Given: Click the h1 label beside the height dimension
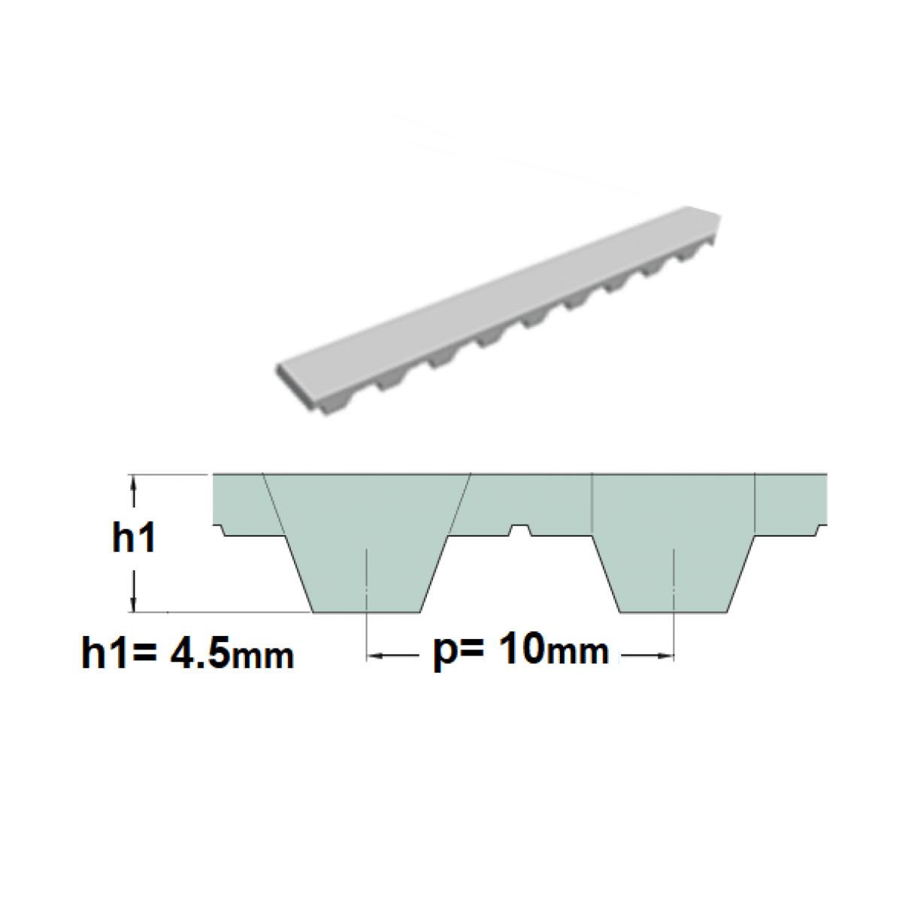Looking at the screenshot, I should tap(134, 538).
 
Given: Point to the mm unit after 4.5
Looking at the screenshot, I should tap(262, 658).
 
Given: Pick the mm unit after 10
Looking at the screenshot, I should tap(577, 652).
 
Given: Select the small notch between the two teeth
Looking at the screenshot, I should tap(520, 530).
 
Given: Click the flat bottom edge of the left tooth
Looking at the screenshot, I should tap(367, 612).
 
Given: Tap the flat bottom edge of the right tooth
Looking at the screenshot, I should tap(674, 612).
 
